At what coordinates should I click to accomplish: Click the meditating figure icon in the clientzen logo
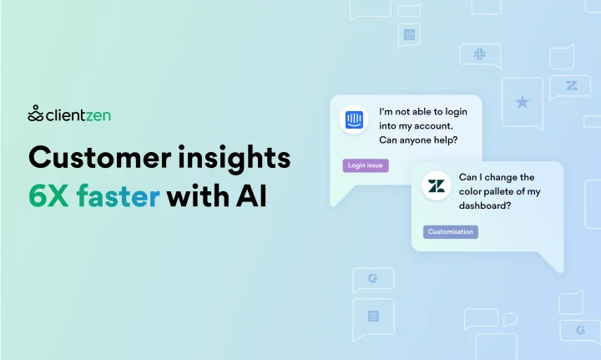pos(35,114)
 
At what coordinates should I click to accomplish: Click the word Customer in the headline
pos(100,158)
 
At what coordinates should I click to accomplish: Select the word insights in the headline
pos(235,158)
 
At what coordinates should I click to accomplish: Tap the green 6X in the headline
pos(48,196)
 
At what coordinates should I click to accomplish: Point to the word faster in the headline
pos(118,195)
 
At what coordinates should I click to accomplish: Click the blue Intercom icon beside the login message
pos(354,119)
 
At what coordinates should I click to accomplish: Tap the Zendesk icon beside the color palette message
pos(437,186)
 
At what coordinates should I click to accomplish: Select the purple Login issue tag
pos(366,165)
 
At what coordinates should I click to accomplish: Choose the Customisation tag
pos(451,232)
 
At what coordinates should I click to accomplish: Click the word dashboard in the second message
pos(483,205)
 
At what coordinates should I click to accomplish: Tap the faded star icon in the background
pos(522,102)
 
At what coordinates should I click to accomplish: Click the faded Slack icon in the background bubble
pos(479,53)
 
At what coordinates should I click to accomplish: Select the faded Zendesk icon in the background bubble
pos(572,85)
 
